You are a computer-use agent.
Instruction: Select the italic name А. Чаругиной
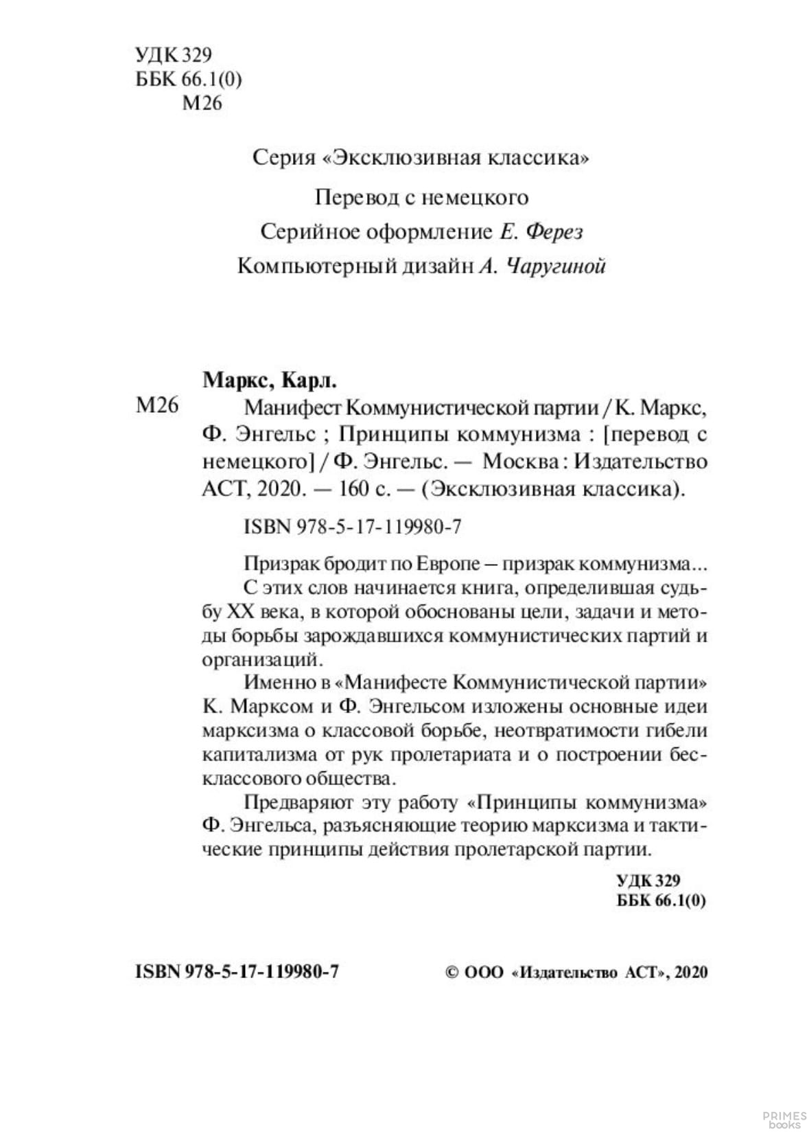[x=541, y=267]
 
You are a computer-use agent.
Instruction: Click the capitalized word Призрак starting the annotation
[x=279, y=565]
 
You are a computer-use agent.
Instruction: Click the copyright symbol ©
[x=452, y=973]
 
